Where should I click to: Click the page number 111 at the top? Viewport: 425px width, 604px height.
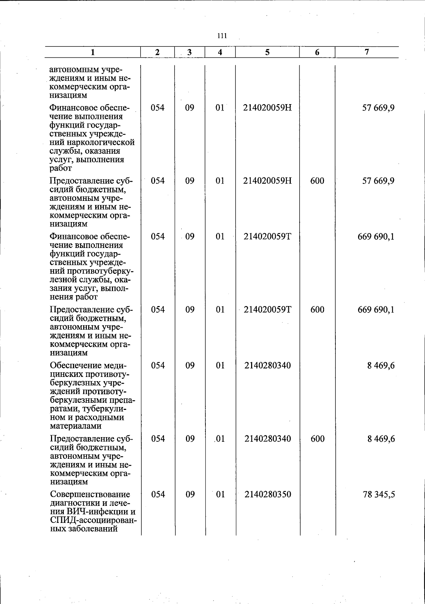222,36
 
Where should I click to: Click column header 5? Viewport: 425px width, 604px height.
267,52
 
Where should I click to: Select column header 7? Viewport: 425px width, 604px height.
367,52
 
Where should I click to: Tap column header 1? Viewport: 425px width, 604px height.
93,52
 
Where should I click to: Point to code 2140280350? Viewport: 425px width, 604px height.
268,494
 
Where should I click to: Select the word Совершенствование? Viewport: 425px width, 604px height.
90,494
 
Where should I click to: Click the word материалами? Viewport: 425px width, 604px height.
76,426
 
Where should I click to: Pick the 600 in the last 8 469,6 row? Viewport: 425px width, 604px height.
317,439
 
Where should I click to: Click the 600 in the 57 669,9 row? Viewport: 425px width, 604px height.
317,181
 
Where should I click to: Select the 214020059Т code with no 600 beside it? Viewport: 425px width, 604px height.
267,236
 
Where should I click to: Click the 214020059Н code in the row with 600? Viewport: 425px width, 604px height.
267,181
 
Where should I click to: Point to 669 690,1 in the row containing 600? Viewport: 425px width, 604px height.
376,310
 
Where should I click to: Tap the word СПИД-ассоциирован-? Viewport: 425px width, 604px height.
93,520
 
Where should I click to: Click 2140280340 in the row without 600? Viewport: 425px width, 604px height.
268,365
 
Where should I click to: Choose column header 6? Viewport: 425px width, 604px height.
317,52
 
